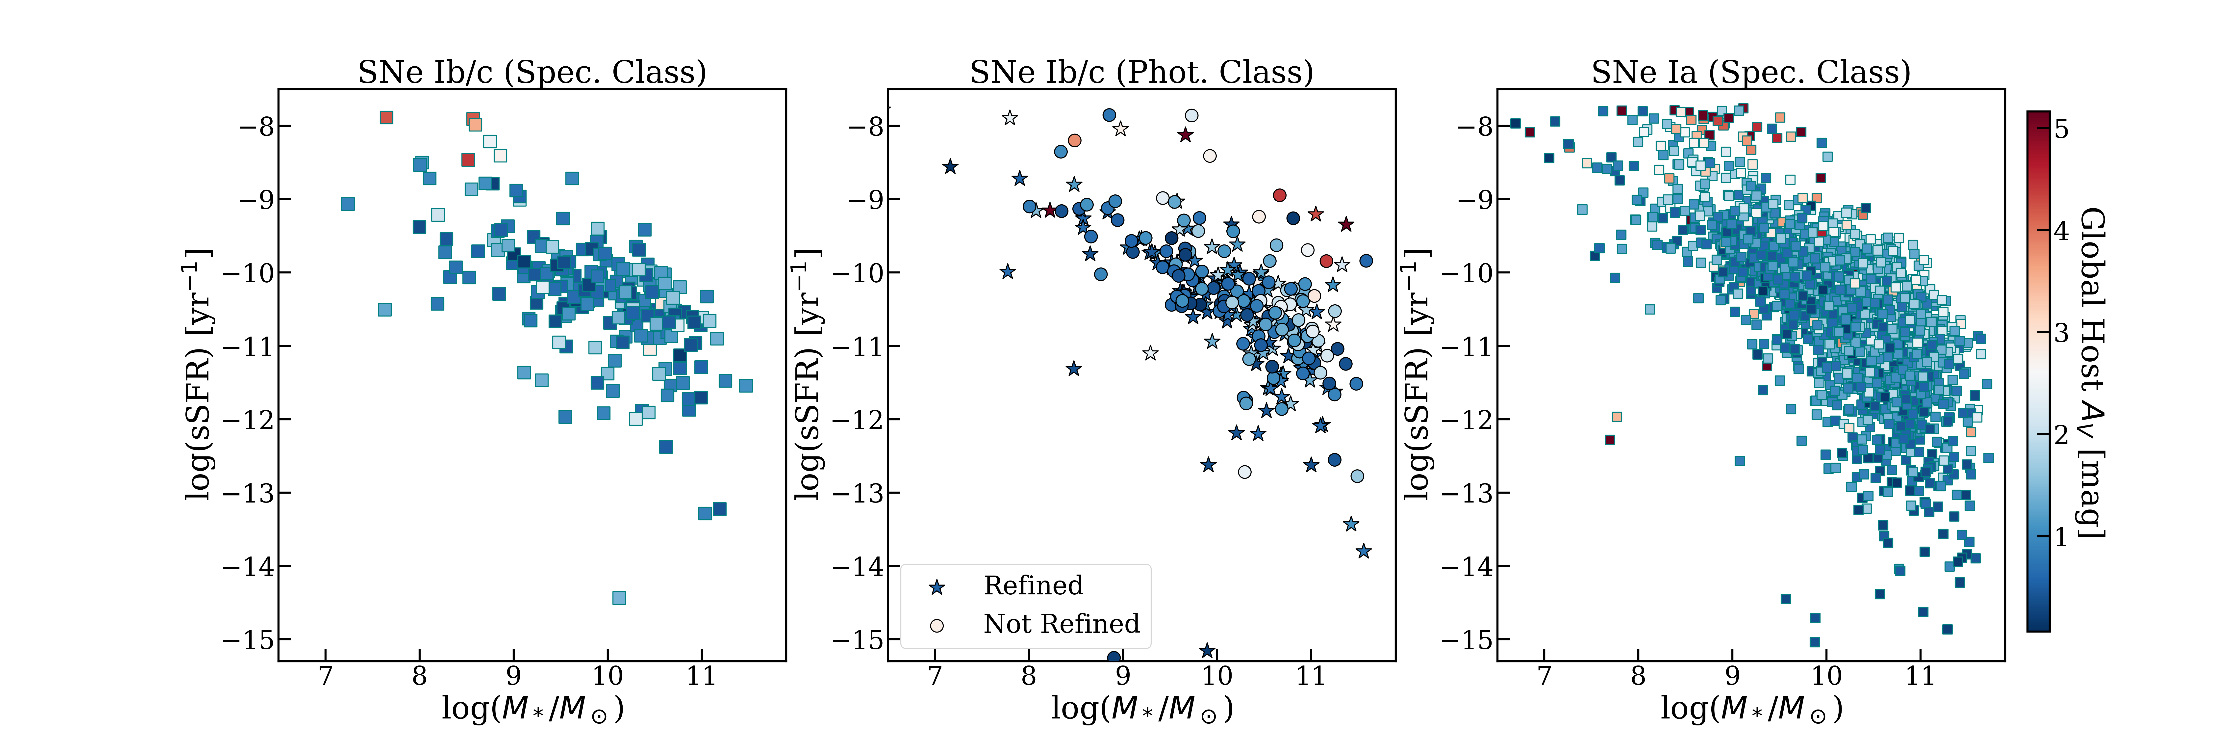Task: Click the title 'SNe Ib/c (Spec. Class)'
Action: tap(532, 72)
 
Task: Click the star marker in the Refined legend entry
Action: tap(937, 587)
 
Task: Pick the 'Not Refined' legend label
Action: tap(1061, 624)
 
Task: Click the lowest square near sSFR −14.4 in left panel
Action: tap(618, 598)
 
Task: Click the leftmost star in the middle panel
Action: tap(950, 166)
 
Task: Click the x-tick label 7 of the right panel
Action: tap(1544, 676)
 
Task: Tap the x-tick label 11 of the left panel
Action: tap(701, 676)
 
